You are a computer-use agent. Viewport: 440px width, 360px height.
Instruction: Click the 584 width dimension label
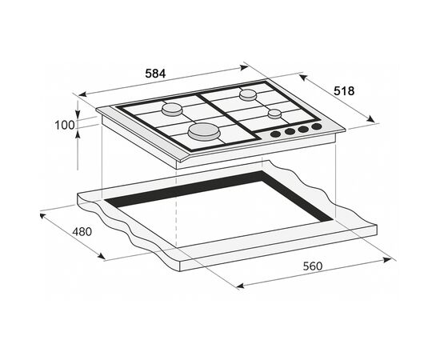(155, 74)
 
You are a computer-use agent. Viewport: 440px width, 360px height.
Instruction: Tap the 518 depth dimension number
(344, 91)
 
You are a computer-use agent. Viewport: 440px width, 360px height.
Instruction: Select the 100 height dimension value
(65, 125)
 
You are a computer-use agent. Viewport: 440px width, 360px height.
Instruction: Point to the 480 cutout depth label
(82, 232)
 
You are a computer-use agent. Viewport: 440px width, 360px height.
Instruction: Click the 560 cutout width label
(313, 266)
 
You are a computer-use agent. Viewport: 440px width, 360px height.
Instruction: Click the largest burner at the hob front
(204, 131)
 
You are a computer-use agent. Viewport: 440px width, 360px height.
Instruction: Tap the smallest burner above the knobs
(274, 114)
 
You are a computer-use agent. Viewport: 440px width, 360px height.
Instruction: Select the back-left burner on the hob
(172, 110)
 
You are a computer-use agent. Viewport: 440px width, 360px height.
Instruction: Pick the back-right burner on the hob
(248, 94)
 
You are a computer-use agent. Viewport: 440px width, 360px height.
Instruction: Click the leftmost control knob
(275, 134)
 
